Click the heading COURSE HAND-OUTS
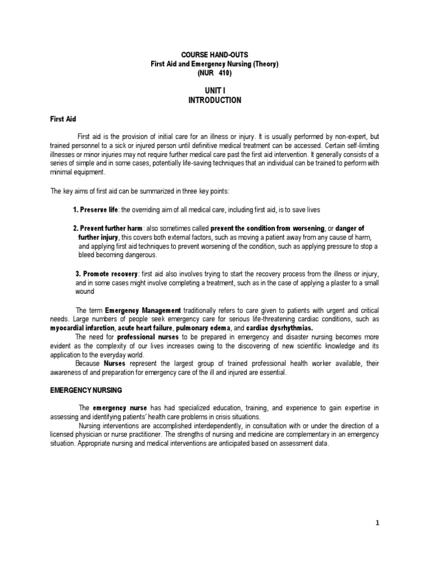click(x=214, y=55)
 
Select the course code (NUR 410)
click(x=214, y=73)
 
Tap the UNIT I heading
click(x=214, y=91)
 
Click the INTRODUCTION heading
click(x=214, y=100)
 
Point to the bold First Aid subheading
click(x=63, y=119)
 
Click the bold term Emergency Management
click(x=143, y=310)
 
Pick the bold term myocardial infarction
click(x=83, y=327)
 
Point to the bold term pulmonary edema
click(x=202, y=327)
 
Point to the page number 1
click(x=377, y=523)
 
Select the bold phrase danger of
click(x=349, y=228)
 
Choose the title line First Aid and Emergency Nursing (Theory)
click(x=214, y=64)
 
